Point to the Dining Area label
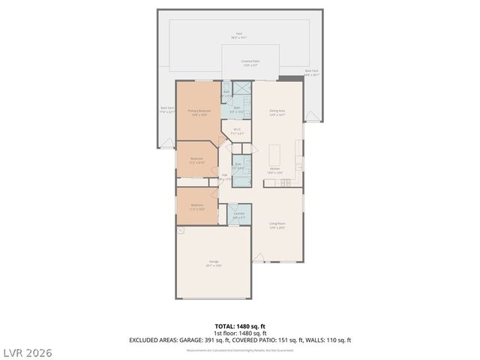pyautogui.click(x=277, y=112)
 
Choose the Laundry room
pyautogui.click(x=239, y=215)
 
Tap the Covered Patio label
pyautogui.click(x=250, y=63)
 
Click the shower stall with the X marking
pyautogui.click(x=243, y=88)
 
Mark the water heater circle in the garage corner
pyautogui.click(x=181, y=231)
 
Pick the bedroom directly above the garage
pyautogui.click(x=196, y=207)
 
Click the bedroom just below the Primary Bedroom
pyautogui.click(x=196, y=160)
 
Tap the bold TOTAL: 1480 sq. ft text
pyautogui.click(x=239, y=326)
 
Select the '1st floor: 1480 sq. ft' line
pyautogui.click(x=239, y=333)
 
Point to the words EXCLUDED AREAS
pyautogui.click(x=153, y=340)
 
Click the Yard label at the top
pyautogui.click(x=239, y=34)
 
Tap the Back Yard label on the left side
pyautogui.click(x=166, y=109)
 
